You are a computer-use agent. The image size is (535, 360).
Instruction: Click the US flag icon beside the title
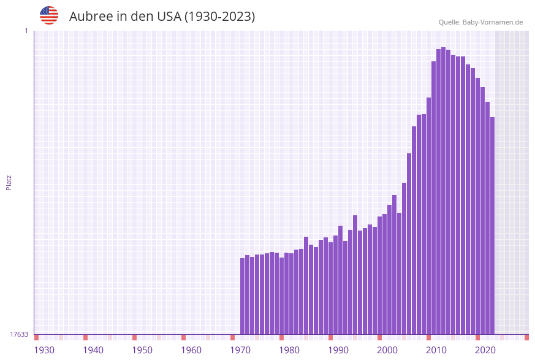click(x=49, y=15)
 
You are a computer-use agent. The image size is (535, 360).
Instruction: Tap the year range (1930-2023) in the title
click(x=219, y=17)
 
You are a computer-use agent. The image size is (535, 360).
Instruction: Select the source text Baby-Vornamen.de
click(x=492, y=22)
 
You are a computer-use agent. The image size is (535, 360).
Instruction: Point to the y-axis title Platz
click(x=9, y=182)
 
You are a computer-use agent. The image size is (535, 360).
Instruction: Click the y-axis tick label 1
click(x=26, y=31)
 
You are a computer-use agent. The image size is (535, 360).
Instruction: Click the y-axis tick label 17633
click(x=19, y=334)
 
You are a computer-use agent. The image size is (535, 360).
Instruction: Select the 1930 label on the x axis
click(x=44, y=350)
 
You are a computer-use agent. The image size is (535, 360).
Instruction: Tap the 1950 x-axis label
click(x=142, y=350)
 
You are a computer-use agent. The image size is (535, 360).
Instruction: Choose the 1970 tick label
click(x=240, y=350)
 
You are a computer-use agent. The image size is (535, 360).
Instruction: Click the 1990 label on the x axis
click(x=338, y=350)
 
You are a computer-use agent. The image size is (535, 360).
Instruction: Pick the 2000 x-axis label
click(x=387, y=350)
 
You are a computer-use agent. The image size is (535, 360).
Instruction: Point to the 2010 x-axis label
click(x=436, y=350)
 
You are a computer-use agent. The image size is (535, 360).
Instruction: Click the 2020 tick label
click(x=485, y=350)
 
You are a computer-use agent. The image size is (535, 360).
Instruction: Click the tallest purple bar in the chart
click(x=443, y=190)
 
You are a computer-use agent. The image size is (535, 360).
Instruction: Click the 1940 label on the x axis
click(x=93, y=350)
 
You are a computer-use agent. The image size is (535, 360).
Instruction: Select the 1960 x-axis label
click(x=191, y=350)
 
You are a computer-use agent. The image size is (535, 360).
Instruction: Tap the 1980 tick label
click(x=289, y=350)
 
